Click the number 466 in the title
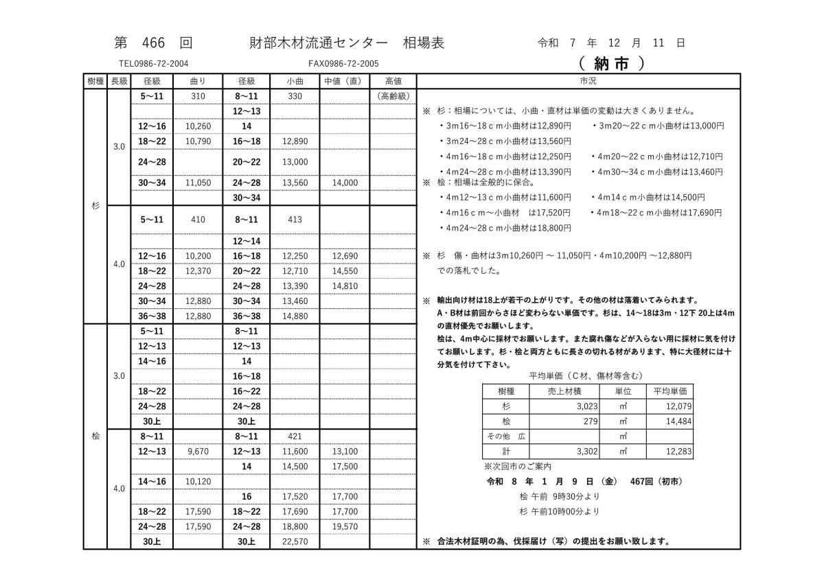pos(154,43)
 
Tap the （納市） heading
pos(611,63)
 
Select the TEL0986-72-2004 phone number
pos(152,63)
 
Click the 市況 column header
pos(588,81)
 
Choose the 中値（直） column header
pos(344,81)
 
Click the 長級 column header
pos(119,81)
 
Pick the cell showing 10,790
pos(198,141)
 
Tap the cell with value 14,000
pos(345,183)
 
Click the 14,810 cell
pos(345,286)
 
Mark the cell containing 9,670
pos(198,452)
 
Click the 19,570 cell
pos(345,526)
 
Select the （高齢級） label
pos(393,96)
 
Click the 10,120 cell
pos(198,481)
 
